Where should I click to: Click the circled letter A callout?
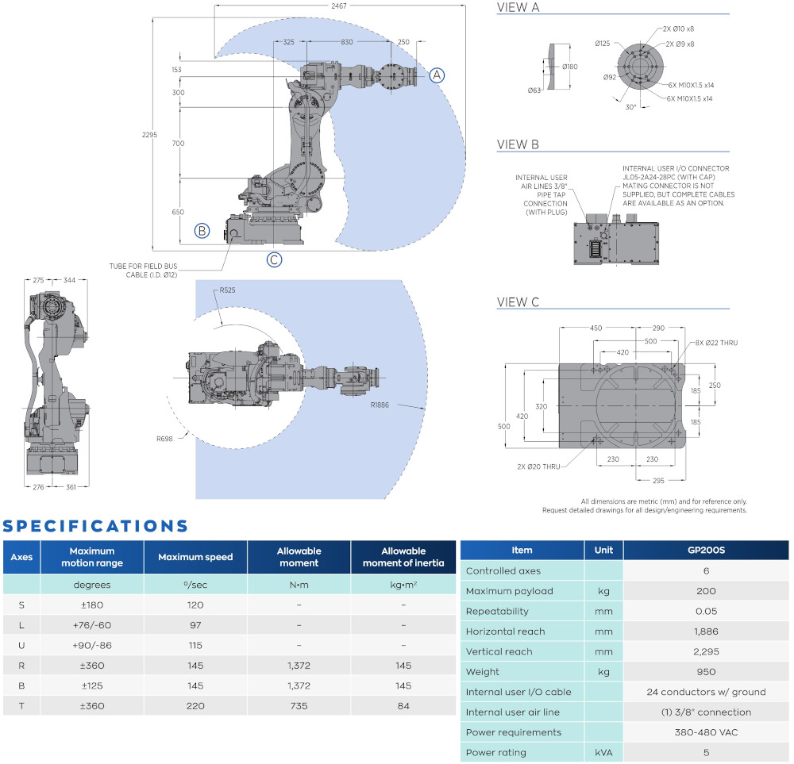(x=437, y=75)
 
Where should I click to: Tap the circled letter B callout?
(x=202, y=231)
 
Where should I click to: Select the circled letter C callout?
(x=274, y=259)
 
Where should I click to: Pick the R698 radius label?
(x=164, y=439)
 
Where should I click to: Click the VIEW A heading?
(x=518, y=9)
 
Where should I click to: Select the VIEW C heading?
(x=518, y=302)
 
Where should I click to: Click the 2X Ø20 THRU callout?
(x=541, y=466)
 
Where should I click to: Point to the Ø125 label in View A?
(x=602, y=44)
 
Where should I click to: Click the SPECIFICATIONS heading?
(x=96, y=526)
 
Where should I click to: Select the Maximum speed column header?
(x=195, y=557)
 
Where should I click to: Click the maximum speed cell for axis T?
(x=195, y=705)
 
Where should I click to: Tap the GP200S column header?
(x=706, y=551)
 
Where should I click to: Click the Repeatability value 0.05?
(x=706, y=612)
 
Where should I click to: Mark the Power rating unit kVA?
(x=603, y=753)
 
